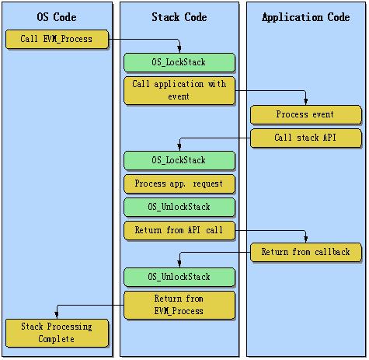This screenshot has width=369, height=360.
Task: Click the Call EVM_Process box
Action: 57,39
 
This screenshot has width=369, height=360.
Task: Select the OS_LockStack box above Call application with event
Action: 179,62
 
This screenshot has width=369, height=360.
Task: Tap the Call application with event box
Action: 179,90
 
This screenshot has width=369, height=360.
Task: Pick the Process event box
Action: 305,114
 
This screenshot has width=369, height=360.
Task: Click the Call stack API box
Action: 305,138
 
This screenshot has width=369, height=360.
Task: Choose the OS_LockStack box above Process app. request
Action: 179,160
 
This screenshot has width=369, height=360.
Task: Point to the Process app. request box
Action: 179,183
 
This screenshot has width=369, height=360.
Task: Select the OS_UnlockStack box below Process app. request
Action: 179,207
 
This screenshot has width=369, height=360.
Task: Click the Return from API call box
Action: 179,230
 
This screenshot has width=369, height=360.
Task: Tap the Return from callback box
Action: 305,252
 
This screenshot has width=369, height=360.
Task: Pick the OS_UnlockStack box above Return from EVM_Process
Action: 179,277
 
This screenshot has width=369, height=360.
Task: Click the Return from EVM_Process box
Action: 179,305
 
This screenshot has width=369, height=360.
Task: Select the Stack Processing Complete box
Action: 57,333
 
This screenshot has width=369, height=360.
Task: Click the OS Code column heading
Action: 57,17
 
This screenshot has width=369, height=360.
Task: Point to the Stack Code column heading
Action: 179,17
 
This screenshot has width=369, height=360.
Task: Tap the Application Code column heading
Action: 306,17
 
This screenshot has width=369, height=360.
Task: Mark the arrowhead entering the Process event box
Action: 306,102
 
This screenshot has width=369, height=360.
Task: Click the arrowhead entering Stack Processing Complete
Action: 57,316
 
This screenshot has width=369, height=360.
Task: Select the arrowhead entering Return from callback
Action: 306,239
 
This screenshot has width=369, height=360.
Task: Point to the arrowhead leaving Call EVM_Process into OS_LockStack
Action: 179,50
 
